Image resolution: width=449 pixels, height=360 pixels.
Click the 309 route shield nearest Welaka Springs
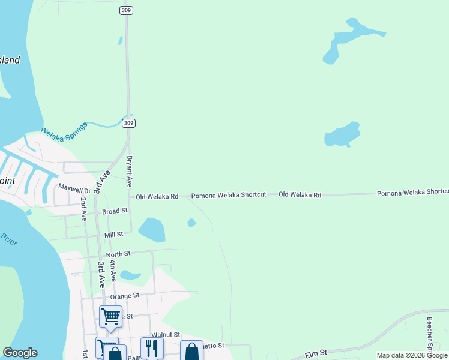128,123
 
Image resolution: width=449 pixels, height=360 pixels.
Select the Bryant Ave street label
129,171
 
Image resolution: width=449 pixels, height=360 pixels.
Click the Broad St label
115,211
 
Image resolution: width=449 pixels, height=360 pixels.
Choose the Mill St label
113,235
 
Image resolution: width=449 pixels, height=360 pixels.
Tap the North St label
118,254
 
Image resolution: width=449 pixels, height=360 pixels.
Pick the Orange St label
124,295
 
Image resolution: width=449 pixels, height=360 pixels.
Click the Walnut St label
166,334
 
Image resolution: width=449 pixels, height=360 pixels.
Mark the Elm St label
315,354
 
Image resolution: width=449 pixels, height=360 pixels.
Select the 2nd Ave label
83,208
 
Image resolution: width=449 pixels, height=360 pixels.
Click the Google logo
20,353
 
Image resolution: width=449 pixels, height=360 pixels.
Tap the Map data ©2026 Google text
411,356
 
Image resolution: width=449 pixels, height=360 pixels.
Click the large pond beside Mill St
152,230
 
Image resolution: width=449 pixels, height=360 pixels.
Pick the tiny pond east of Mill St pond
191,223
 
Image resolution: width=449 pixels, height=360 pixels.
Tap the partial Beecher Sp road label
430,333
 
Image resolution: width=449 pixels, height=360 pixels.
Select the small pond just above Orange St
130,275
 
